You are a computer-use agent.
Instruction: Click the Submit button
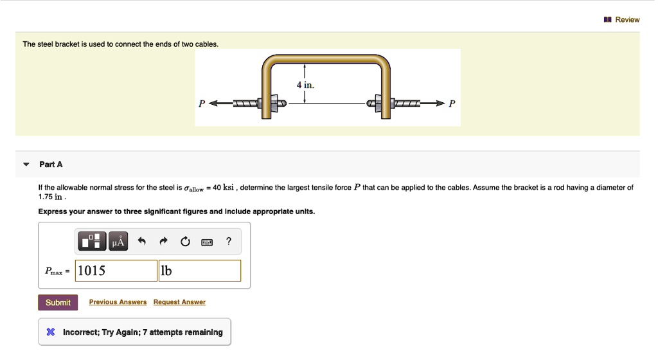[x=58, y=302]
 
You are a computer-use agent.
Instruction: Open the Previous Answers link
[x=118, y=302]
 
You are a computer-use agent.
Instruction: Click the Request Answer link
[x=179, y=302]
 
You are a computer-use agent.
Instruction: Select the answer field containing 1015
[x=116, y=271]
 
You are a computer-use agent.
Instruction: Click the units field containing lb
[x=200, y=271]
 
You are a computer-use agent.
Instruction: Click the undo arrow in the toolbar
[x=143, y=242]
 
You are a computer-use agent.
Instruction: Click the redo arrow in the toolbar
[x=164, y=242]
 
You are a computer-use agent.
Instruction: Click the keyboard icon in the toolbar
[x=207, y=242]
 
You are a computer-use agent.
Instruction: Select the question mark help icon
[x=229, y=242]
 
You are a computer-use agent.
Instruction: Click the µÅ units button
[x=118, y=242]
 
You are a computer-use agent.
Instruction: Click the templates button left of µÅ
[x=91, y=242]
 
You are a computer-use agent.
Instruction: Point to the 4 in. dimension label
[x=305, y=85]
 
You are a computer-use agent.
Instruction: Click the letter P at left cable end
[x=202, y=104]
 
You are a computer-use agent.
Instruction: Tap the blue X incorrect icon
[x=50, y=332]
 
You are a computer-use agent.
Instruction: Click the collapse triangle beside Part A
[x=26, y=165]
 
